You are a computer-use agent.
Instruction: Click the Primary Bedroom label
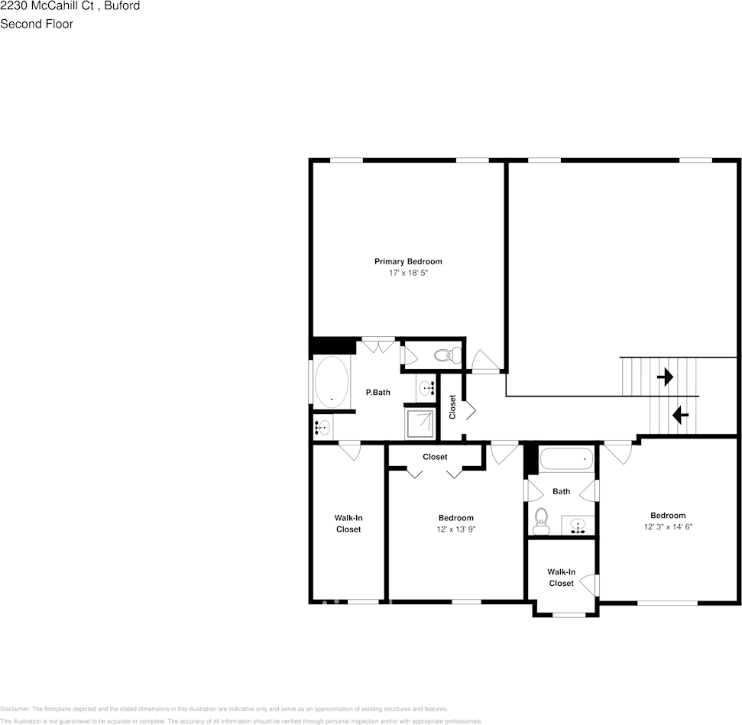tap(407, 261)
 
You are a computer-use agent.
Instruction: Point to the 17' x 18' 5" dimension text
tap(407, 273)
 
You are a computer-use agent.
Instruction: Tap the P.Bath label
tap(377, 393)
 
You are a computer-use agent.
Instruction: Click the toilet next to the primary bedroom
tap(445, 354)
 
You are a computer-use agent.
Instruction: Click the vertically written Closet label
tap(452, 406)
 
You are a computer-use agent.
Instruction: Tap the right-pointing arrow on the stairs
tap(665, 377)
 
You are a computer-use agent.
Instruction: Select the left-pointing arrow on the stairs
tap(679, 416)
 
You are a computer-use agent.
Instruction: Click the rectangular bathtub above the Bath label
tap(565, 459)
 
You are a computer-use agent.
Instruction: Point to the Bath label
tap(561, 491)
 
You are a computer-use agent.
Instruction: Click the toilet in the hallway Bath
tap(542, 520)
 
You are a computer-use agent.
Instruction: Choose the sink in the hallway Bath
tap(578, 526)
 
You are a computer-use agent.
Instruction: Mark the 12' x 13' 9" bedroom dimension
tap(455, 529)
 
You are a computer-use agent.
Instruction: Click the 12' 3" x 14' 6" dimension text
tap(668, 526)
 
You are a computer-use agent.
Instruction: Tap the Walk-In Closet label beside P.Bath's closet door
tap(348, 523)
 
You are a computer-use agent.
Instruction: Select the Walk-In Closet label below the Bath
tap(561, 578)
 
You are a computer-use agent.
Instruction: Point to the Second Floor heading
tap(37, 24)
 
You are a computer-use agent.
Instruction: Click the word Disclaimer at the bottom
tap(15, 709)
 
